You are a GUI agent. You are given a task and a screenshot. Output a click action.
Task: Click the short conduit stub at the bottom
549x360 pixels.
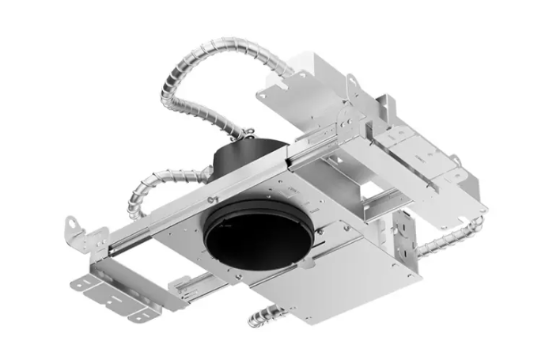pyautogui.click(x=262, y=317)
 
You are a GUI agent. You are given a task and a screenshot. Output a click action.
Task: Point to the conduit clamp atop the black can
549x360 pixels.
pyautogui.click(x=248, y=132)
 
